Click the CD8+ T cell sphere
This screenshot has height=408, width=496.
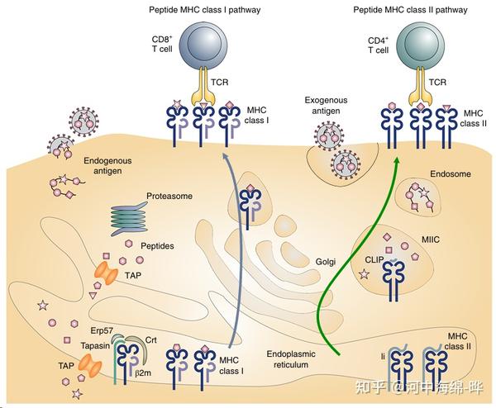203,43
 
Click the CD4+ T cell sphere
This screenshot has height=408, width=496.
421,43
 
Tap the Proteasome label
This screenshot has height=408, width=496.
169,197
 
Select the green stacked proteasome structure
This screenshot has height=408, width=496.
129,220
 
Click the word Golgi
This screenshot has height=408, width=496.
325,262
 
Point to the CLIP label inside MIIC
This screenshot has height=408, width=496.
374,260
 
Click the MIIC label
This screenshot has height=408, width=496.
431,240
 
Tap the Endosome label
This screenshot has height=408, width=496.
451,173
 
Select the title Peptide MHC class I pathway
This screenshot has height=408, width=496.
205,10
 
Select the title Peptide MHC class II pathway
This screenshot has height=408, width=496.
410,10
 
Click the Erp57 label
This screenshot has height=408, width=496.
102,330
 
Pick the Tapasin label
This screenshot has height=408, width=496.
95,345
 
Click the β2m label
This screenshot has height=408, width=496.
143,373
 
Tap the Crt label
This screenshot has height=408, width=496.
151,340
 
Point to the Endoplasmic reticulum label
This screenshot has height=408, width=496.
291,359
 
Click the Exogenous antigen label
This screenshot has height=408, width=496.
326,106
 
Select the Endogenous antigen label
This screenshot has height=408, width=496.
107,166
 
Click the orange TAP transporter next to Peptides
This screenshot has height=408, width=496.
107,273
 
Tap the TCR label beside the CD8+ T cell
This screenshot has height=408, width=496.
220,82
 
